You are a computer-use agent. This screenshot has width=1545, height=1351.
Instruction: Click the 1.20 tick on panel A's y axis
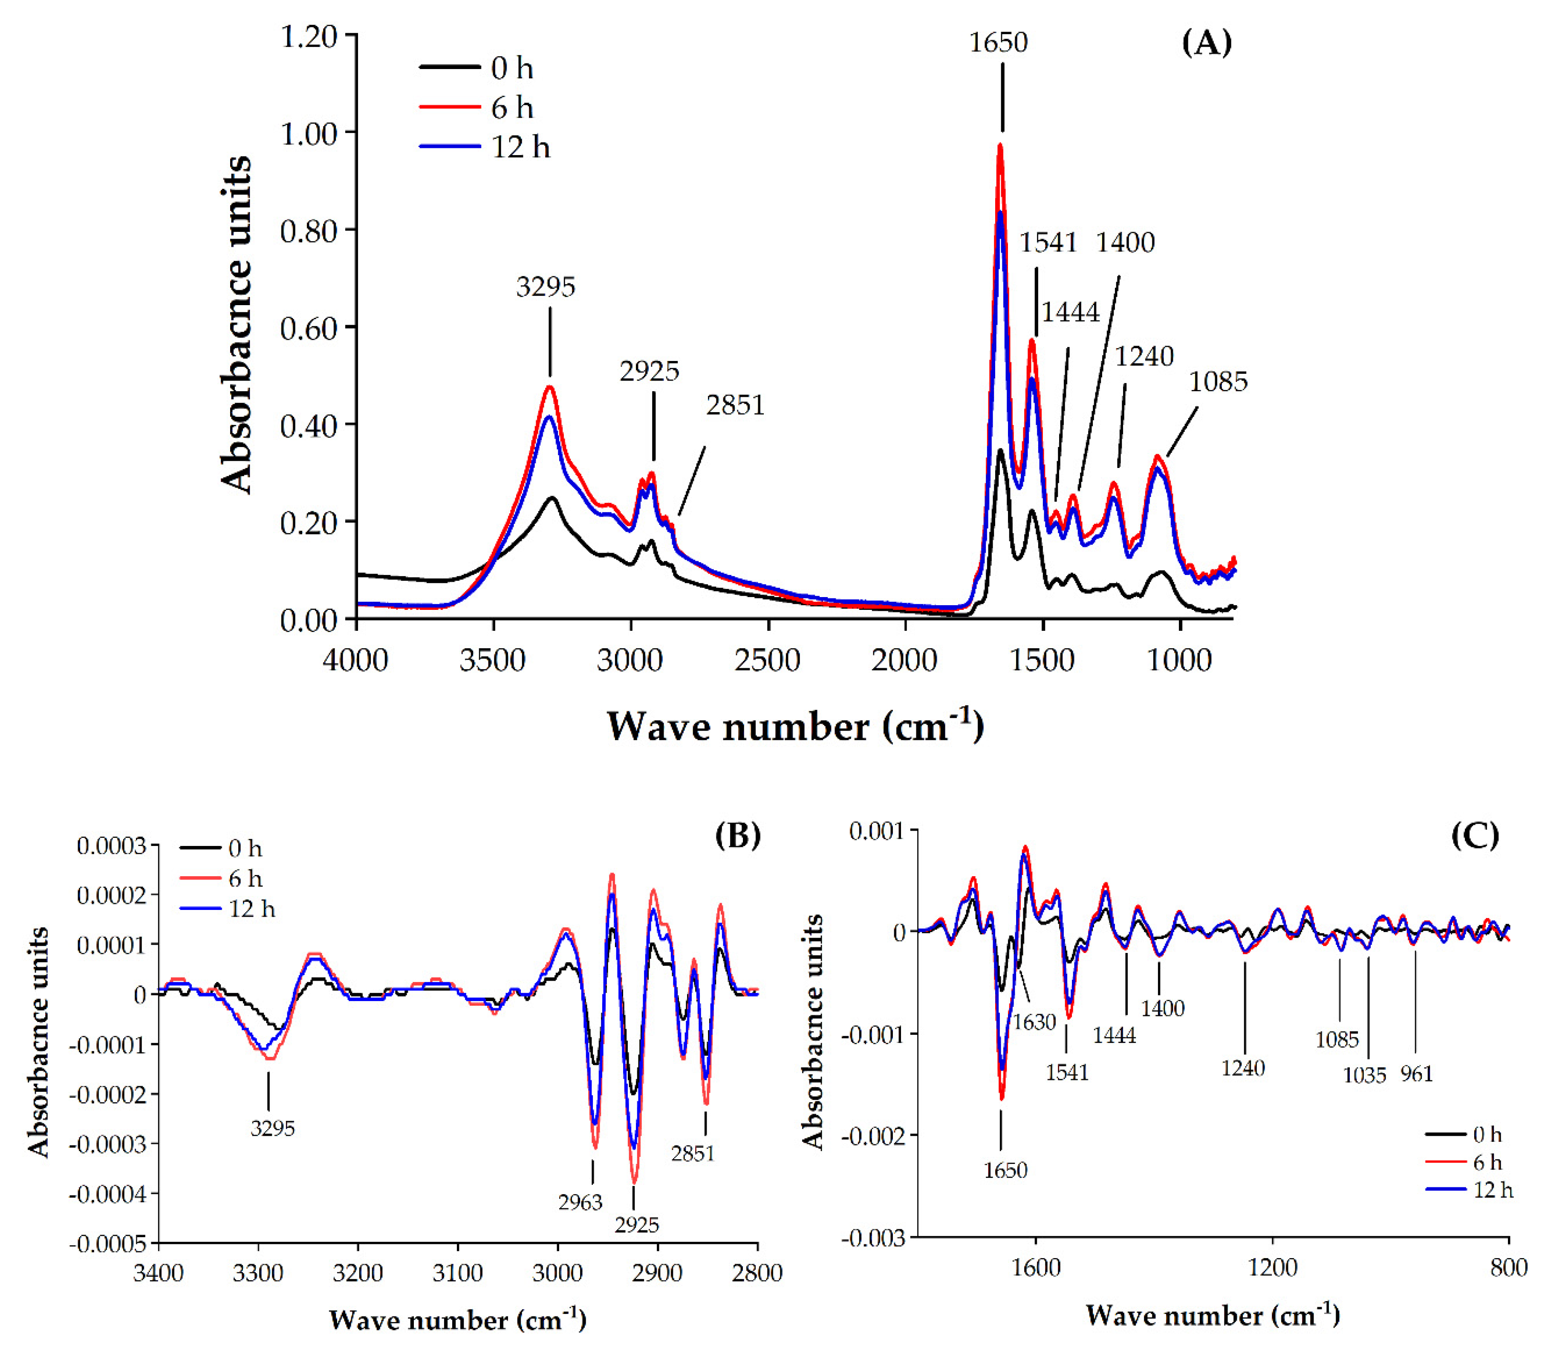(309, 36)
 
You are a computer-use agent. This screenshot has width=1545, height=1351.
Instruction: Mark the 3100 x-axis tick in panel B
(458, 1273)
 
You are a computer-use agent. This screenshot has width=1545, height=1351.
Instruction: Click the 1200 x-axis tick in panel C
(1272, 1268)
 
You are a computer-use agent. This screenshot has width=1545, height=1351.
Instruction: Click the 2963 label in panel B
(580, 1203)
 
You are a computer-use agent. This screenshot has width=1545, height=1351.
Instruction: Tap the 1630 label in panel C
(1034, 1022)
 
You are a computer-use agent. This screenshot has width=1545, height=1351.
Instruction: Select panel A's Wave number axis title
(795, 727)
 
